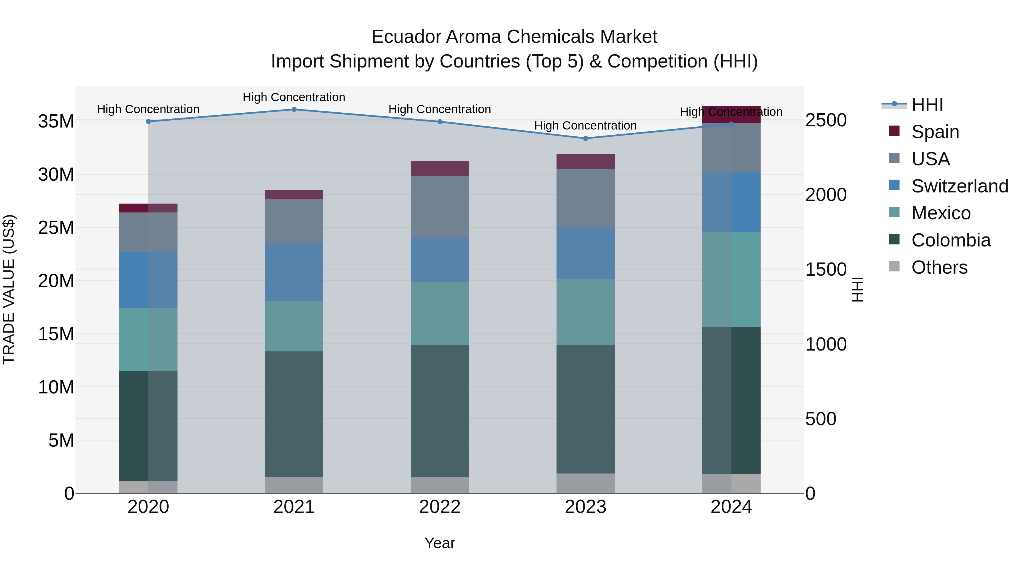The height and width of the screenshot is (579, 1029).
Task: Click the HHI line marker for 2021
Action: coord(294,109)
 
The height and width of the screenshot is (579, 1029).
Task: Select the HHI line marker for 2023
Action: coord(586,138)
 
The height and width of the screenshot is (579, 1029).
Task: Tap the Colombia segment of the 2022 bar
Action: coord(440,411)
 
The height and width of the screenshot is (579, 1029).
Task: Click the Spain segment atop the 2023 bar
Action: coord(586,162)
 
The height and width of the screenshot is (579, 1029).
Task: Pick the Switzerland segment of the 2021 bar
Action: coord(294,272)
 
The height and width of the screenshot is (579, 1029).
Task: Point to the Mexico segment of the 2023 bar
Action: coord(586,312)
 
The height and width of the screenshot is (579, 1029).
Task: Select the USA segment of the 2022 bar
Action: coord(440,207)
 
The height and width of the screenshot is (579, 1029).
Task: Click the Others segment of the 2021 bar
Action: coord(294,485)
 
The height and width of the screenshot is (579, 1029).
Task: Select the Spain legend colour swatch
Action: coord(894,131)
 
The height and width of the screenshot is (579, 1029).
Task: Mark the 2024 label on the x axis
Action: coord(731,507)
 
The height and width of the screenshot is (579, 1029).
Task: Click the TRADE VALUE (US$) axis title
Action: coord(9,289)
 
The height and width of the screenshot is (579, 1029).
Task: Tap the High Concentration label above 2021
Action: coord(294,97)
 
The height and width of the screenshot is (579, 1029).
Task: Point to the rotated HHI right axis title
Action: coord(857,289)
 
